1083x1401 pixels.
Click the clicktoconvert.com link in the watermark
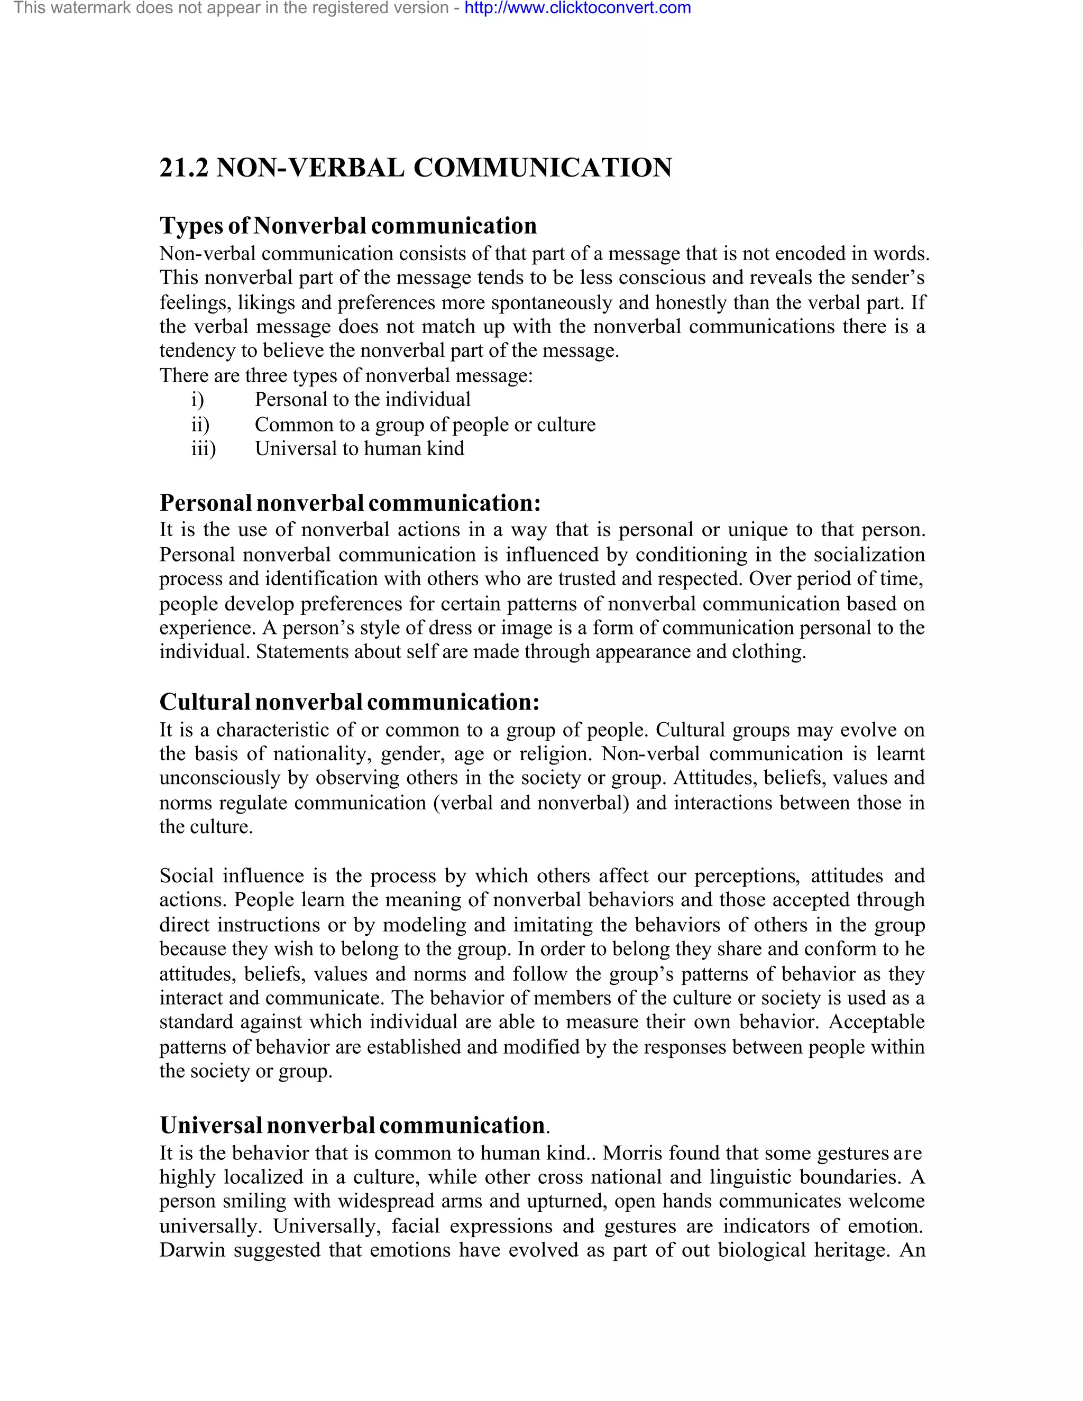(x=577, y=8)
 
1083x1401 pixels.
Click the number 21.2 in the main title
(x=183, y=168)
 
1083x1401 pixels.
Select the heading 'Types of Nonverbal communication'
(x=348, y=226)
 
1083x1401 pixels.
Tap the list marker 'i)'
(x=197, y=400)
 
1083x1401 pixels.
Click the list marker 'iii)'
(x=204, y=448)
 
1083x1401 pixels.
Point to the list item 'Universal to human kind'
(x=359, y=448)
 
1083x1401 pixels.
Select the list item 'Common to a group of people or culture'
(x=425, y=424)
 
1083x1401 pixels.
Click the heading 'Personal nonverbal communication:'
(x=350, y=503)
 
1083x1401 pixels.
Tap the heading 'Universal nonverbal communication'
(x=352, y=1125)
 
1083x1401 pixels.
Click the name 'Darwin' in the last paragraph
(x=192, y=1250)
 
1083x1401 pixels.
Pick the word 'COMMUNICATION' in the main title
(x=542, y=168)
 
